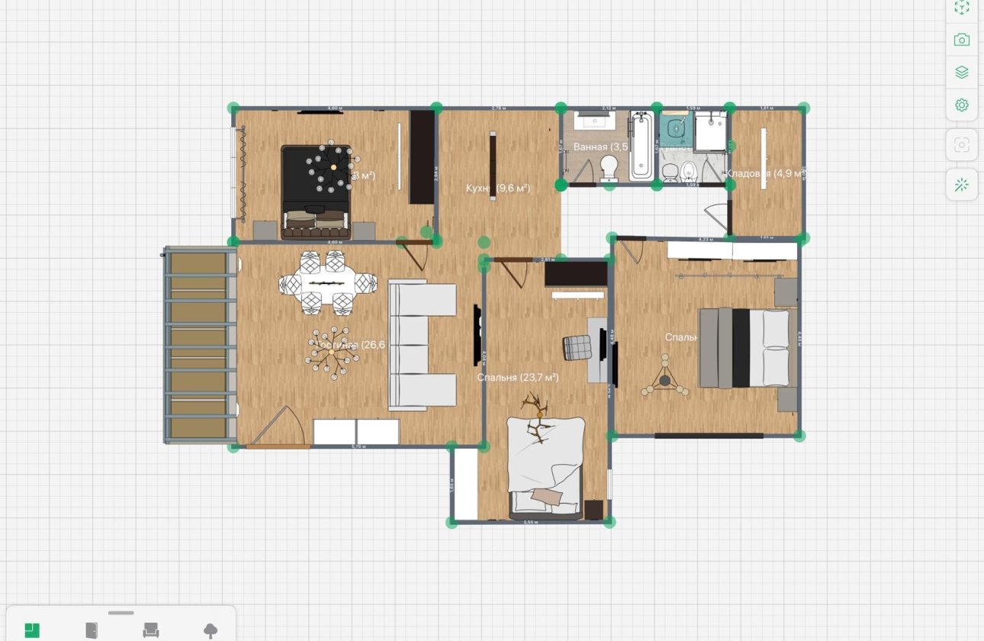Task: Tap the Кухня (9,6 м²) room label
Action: pyautogui.click(x=497, y=188)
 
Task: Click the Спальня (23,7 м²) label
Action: pyautogui.click(x=518, y=377)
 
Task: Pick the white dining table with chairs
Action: pyautogui.click(x=327, y=282)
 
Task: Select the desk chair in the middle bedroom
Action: pyautogui.click(x=577, y=347)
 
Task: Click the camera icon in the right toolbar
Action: pyautogui.click(x=962, y=40)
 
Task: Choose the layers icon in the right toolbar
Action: pyautogui.click(x=962, y=72)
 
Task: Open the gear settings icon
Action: pyautogui.click(x=962, y=105)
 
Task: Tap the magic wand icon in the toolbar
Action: pyautogui.click(x=962, y=184)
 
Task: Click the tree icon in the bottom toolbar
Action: pyautogui.click(x=211, y=630)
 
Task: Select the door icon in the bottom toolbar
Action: pyautogui.click(x=92, y=630)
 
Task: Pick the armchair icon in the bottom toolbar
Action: pyautogui.click(x=151, y=630)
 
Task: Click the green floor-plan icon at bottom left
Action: pyautogui.click(x=32, y=630)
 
